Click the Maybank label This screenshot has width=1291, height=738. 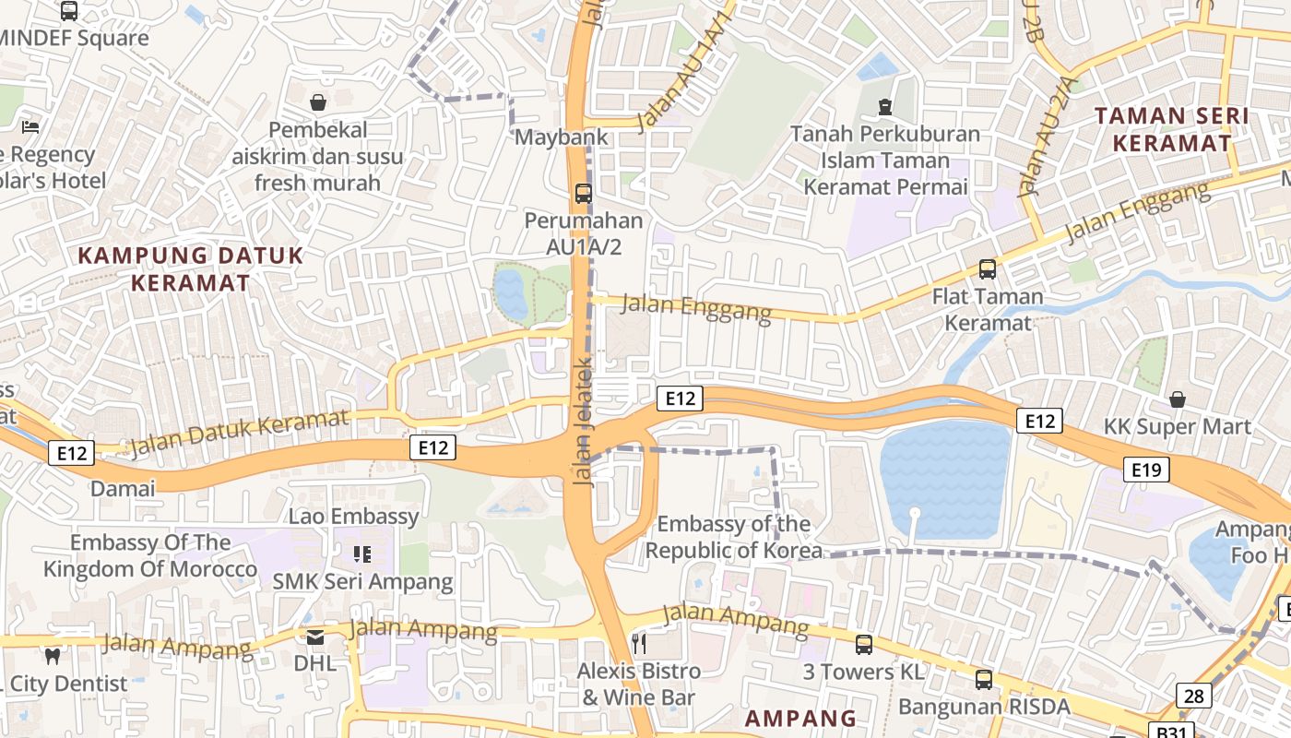561,137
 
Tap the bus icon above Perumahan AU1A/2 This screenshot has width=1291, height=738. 583,194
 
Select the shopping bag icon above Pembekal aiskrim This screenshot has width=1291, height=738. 318,102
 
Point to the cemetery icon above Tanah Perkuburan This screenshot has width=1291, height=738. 885,107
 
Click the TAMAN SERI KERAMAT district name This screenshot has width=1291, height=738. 1171,129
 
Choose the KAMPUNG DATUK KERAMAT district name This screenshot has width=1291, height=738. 190,268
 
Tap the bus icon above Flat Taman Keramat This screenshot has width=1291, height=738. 988,269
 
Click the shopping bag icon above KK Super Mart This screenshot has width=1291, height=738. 1178,399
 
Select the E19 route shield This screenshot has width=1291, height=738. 1146,470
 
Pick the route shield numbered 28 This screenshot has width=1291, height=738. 1193,696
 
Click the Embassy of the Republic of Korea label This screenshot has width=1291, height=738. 733,537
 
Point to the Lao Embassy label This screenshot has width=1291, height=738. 353,517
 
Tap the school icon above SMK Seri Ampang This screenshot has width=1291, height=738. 362,554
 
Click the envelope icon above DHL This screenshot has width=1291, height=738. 315,637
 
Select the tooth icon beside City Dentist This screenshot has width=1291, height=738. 53,656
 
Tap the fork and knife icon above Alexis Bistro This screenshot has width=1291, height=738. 639,642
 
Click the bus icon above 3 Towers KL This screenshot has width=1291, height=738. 864,645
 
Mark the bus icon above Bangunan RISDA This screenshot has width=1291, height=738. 984,680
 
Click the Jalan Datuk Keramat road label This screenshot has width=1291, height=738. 240,432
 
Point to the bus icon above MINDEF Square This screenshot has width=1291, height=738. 69,11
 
